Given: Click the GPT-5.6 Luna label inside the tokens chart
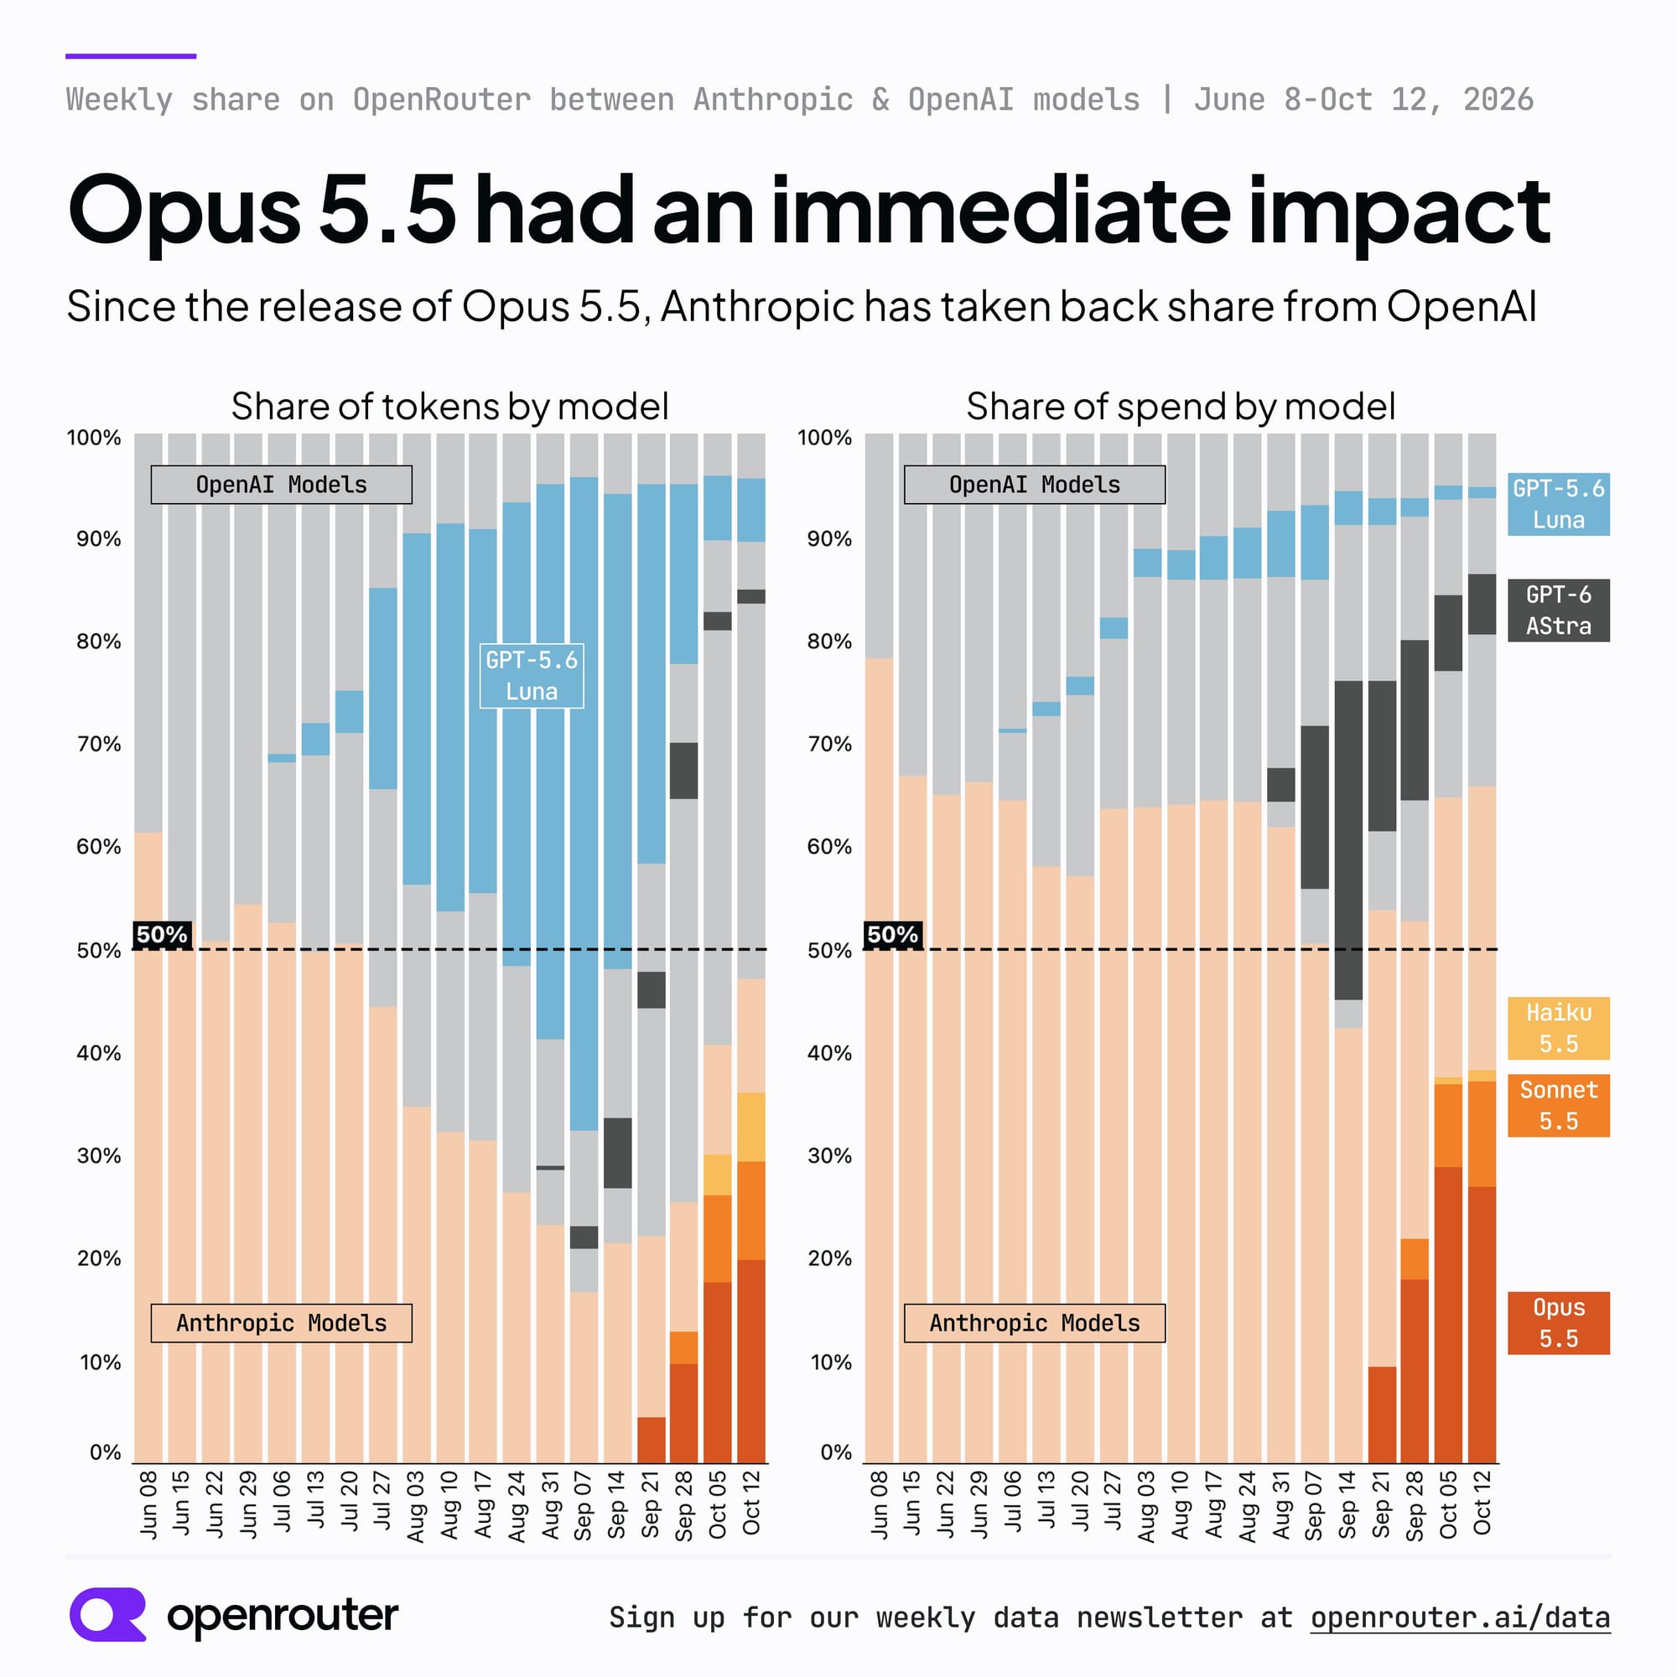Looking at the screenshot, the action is (532, 676).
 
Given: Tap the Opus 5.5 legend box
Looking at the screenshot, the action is (1558, 1323).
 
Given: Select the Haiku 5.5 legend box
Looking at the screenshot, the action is (1558, 1029).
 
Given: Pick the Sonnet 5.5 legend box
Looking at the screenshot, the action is (1558, 1106).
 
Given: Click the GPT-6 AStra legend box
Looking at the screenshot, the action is (1558, 610).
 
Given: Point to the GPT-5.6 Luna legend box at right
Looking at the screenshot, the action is (1558, 504).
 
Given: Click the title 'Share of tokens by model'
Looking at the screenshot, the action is (449, 406).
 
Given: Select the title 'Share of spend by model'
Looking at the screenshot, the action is (1181, 406).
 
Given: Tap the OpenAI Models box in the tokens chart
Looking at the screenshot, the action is (281, 485).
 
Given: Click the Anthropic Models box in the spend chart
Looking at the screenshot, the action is (1035, 1323).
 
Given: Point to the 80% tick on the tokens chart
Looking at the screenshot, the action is (99, 641).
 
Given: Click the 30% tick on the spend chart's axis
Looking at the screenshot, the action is (830, 1155).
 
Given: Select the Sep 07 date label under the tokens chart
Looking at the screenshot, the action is (583, 1505).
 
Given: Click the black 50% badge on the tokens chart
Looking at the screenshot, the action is (163, 935).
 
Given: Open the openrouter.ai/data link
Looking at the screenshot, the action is (1460, 1618).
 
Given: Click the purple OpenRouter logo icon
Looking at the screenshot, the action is (107, 1614).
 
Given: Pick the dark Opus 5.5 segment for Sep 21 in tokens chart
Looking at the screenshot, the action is (651, 1440).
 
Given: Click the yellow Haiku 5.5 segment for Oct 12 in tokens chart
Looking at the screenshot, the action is (750, 1127).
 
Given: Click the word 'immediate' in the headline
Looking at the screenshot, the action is (1000, 210).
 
